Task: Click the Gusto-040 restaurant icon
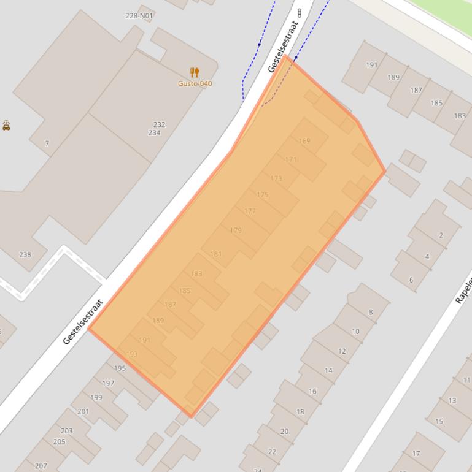[x=195, y=72]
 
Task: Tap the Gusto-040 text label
[x=195, y=83]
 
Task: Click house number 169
[x=304, y=141]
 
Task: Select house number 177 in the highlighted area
[x=250, y=211]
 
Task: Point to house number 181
[x=216, y=254]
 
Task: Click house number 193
[x=132, y=354]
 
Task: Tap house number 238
[x=25, y=254]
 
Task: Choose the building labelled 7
[x=47, y=143]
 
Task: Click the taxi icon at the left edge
[x=6, y=126]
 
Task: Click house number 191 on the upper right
[x=372, y=65]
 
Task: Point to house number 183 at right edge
[x=460, y=116]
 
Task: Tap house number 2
[x=441, y=235]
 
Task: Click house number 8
[x=371, y=312]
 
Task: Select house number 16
[x=313, y=391]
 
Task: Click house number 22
[x=272, y=451]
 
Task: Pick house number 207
[x=41, y=466]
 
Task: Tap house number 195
[x=120, y=368]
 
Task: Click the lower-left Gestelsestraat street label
[x=82, y=322]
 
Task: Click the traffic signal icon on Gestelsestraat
[x=300, y=13]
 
